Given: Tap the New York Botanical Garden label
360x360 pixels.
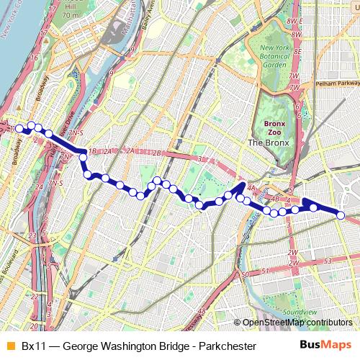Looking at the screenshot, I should pyautogui.click(x=269, y=57).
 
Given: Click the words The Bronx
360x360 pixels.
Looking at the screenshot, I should pyautogui.click(x=268, y=143).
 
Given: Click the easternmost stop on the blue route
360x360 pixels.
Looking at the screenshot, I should pyautogui.click(x=341, y=215).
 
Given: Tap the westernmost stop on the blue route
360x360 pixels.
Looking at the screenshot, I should pyautogui.click(x=21, y=130).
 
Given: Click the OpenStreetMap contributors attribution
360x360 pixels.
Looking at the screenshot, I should pyautogui.click(x=297, y=323).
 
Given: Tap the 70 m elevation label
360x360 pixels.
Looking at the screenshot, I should pyautogui.click(x=71, y=14).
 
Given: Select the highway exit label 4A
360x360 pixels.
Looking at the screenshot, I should pyautogui.click(x=251, y=188).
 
